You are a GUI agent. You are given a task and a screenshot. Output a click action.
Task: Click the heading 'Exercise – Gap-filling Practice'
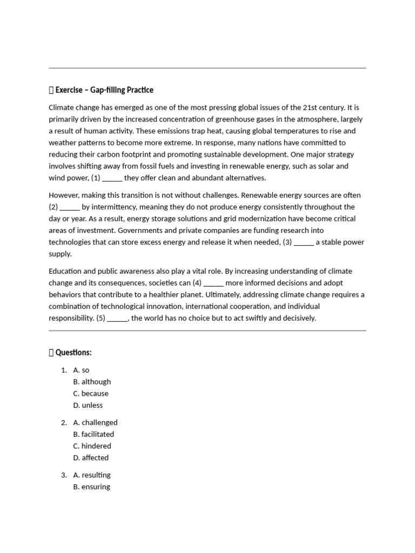click(x=104, y=90)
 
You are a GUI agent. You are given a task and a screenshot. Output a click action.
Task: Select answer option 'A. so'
click(x=81, y=370)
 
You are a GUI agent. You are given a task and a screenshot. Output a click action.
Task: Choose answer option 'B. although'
click(x=92, y=382)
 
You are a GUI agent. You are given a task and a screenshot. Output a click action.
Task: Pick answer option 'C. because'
click(x=91, y=394)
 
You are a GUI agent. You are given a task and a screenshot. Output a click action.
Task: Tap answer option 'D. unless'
click(x=88, y=405)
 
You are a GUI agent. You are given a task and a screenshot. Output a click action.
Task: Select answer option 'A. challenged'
click(x=95, y=422)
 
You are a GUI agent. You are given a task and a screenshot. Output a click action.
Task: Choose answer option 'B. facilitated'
click(x=93, y=434)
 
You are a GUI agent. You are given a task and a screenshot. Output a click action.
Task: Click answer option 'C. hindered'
click(x=92, y=446)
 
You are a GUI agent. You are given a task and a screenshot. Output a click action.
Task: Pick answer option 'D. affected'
click(x=91, y=458)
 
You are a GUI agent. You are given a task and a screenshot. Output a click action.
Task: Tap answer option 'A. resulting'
click(x=92, y=475)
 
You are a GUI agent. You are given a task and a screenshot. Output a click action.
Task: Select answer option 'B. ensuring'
click(x=91, y=487)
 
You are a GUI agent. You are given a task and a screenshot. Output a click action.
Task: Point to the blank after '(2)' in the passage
click(x=70, y=207)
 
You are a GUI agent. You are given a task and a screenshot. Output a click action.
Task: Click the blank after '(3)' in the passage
click(x=304, y=242)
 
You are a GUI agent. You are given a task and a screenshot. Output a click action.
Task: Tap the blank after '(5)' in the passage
click(x=117, y=319)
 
